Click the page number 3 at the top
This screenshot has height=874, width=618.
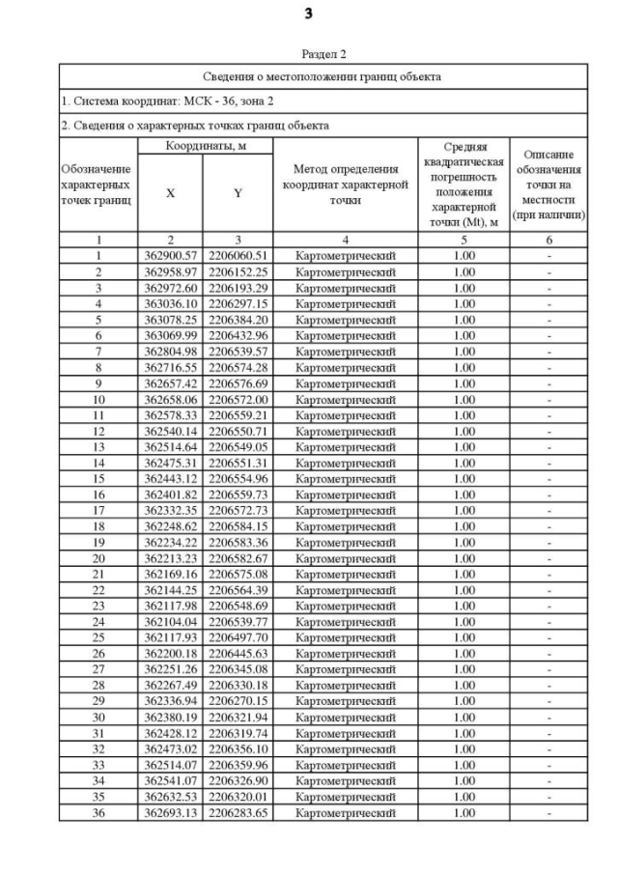[x=309, y=14]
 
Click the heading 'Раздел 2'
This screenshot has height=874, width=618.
[x=323, y=54]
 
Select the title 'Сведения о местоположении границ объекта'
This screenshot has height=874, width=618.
[x=323, y=76]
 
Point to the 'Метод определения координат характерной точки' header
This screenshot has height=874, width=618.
[x=345, y=184]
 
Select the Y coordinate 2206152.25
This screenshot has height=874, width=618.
[x=238, y=271]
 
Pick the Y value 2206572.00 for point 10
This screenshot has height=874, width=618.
[x=238, y=398]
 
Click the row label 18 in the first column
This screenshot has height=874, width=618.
[x=98, y=525]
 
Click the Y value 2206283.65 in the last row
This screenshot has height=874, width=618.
[x=238, y=812]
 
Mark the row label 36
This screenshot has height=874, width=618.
[x=98, y=812]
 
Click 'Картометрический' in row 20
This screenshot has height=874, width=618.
[x=345, y=557]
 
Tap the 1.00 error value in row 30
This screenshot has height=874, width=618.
[x=464, y=717]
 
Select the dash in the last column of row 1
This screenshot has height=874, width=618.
[x=548, y=255]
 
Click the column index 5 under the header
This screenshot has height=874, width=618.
[x=464, y=239]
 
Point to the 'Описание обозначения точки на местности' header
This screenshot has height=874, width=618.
[x=548, y=184]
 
